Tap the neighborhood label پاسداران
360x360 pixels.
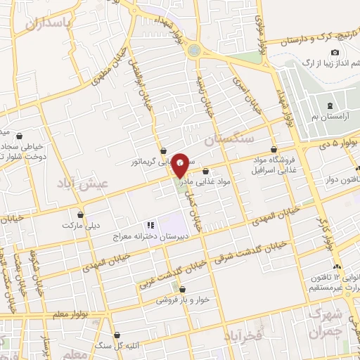(49, 24)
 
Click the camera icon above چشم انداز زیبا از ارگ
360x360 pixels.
(335, 53)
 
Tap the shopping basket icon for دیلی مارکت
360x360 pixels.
(81, 214)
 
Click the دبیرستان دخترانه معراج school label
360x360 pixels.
(142, 237)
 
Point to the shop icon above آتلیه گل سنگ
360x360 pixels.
(117, 335)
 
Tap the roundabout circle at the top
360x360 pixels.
(194, 50)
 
